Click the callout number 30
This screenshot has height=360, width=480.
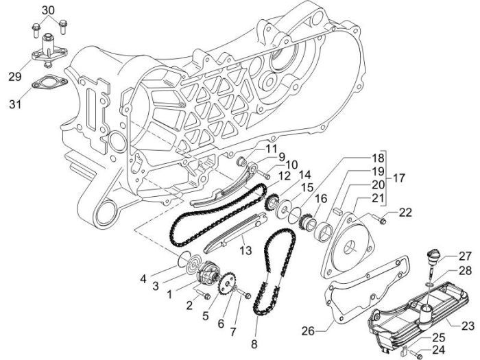pyautogui.click(x=47, y=10)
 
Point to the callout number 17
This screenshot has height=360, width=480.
pyautogui.click(x=399, y=178)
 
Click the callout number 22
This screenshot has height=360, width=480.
pyautogui.click(x=405, y=213)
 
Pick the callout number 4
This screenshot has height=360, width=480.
pyautogui.click(x=143, y=278)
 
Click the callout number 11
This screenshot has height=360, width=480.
pyautogui.click(x=252, y=149)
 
